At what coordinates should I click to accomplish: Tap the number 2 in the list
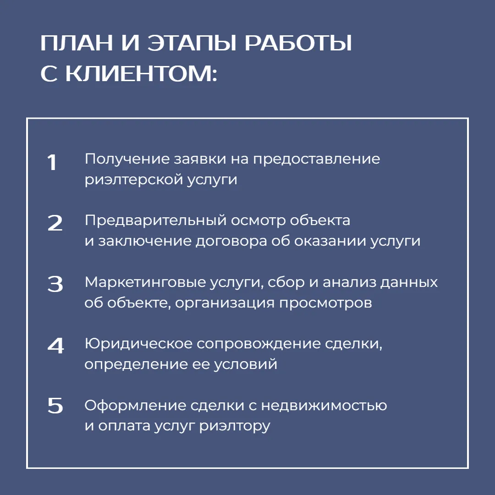tap(55, 223)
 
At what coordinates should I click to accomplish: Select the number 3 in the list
tap(55, 284)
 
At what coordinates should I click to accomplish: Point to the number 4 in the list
tap(55, 346)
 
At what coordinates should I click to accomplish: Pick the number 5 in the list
tap(55, 405)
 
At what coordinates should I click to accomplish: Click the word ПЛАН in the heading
tap(77, 43)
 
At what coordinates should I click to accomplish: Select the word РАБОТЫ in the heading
tap(298, 43)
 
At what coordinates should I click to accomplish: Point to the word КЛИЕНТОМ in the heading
tap(141, 74)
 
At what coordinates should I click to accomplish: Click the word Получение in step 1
tap(127, 159)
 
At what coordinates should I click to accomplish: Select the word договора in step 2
tap(231, 242)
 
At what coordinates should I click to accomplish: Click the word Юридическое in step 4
tap(138, 344)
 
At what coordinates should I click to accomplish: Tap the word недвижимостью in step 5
tap(324, 406)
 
